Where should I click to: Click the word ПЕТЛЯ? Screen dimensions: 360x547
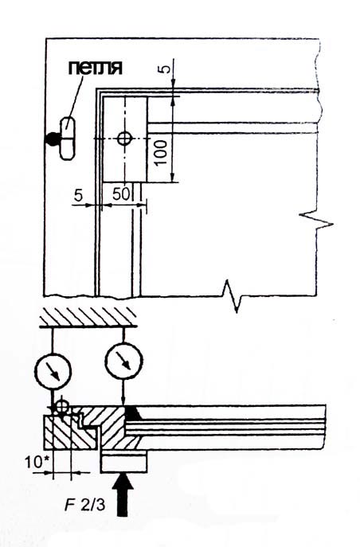[95, 68]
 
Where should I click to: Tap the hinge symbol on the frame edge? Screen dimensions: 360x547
[66, 139]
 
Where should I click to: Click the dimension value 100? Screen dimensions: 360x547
[160, 152]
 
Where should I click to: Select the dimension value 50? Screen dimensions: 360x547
[121, 194]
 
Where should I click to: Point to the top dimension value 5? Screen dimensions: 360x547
[166, 68]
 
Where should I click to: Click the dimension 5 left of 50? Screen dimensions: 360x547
[79, 195]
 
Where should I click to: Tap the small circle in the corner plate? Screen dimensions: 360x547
[123, 139]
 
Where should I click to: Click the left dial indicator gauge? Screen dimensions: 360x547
[53, 371]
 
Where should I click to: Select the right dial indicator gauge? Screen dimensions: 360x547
[123, 361]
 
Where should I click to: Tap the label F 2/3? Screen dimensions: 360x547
[84, 505]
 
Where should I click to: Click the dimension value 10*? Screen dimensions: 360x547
[37, 463]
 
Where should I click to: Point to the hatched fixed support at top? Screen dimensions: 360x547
[88, 318]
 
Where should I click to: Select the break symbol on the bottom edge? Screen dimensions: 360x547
[234, 296]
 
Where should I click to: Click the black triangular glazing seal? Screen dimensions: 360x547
[132, 412]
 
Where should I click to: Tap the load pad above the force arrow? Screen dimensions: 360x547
[123, 462]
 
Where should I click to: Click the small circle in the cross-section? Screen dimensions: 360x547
[62, 406]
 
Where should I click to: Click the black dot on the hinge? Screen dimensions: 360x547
[52, 139]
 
